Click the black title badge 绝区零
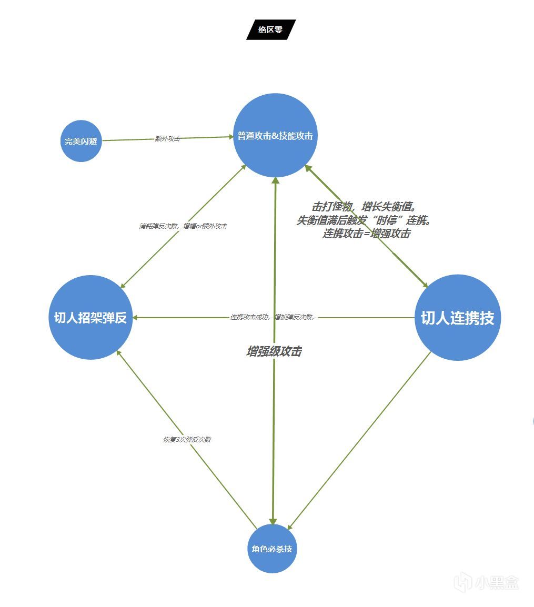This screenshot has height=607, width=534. tap(271, 30)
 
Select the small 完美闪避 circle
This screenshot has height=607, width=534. tap(81, 141)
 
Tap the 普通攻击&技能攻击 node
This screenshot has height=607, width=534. tap(275, 136)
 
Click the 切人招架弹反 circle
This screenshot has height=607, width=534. tap(90, 318)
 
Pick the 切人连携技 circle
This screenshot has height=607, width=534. tap(457, 318)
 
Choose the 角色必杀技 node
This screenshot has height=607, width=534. tap(272, 549)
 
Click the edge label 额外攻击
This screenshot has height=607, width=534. tap(167, 138)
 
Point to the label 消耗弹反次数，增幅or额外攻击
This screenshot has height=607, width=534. tap(183, 226)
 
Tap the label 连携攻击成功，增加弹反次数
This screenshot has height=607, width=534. tap(272, 317)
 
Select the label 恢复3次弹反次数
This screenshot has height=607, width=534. tap(187, 439)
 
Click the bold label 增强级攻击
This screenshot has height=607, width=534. tap(274, 352)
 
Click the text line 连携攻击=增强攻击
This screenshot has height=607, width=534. tap(366, 234)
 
